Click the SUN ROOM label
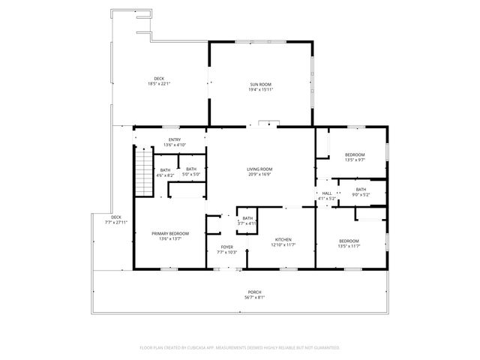260,84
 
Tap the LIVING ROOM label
259,169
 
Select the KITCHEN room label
283,239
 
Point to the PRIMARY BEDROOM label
170,233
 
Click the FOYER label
226,247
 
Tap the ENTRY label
175,139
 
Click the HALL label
327,193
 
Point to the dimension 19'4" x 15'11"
260,89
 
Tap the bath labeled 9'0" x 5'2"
361,191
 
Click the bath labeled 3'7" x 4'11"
247,220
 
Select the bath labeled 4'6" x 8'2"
166,172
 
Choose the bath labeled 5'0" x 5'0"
191,172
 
